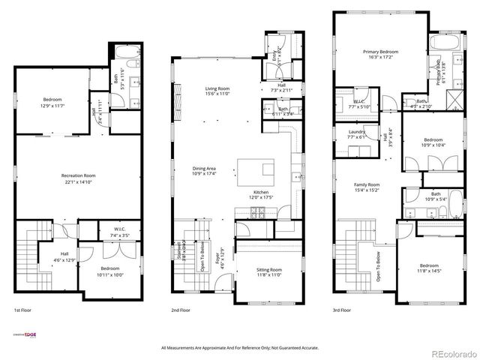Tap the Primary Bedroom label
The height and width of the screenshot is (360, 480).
click(x=380, y=52)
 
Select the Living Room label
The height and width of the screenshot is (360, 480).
click(x=217, y=88)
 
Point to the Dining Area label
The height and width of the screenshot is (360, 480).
click(x=204, y=169)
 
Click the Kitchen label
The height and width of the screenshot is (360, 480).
click(x=260, y=192)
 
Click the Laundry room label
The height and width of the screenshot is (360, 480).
click(x=357, y=132)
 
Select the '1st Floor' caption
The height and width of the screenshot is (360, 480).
click(x=22, y=310)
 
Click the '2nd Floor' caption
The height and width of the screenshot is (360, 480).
click(x=180, y=310)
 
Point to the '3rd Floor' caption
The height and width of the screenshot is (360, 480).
click(x=342, y=310)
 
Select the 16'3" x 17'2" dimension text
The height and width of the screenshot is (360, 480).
click(x=380, y=57)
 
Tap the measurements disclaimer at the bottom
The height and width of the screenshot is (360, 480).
click(x=239, y=348)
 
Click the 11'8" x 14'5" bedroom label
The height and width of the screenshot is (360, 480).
click(x=429, y=269)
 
